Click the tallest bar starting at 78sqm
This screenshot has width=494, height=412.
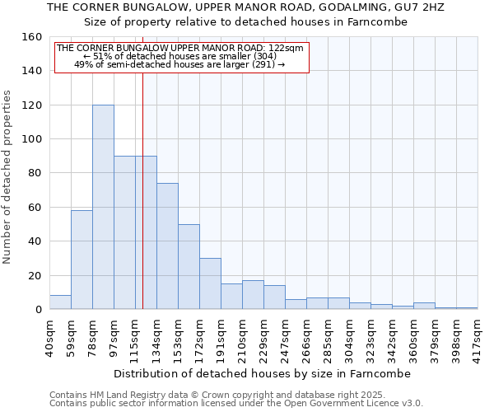[103, 207]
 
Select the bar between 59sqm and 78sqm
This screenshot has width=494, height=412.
[82, 260]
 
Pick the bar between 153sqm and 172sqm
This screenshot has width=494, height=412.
[189, 266]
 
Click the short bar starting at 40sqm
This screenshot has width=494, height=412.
[60, 302]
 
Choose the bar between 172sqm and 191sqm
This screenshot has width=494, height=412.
[210, 283]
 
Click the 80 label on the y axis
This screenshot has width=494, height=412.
[34, 173]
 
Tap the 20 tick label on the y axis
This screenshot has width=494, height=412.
[34, 275]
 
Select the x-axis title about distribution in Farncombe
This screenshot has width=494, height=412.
[262, 373]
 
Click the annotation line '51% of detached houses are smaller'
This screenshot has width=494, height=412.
[180, 56]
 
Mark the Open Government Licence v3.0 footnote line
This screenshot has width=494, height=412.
[235, 403]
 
